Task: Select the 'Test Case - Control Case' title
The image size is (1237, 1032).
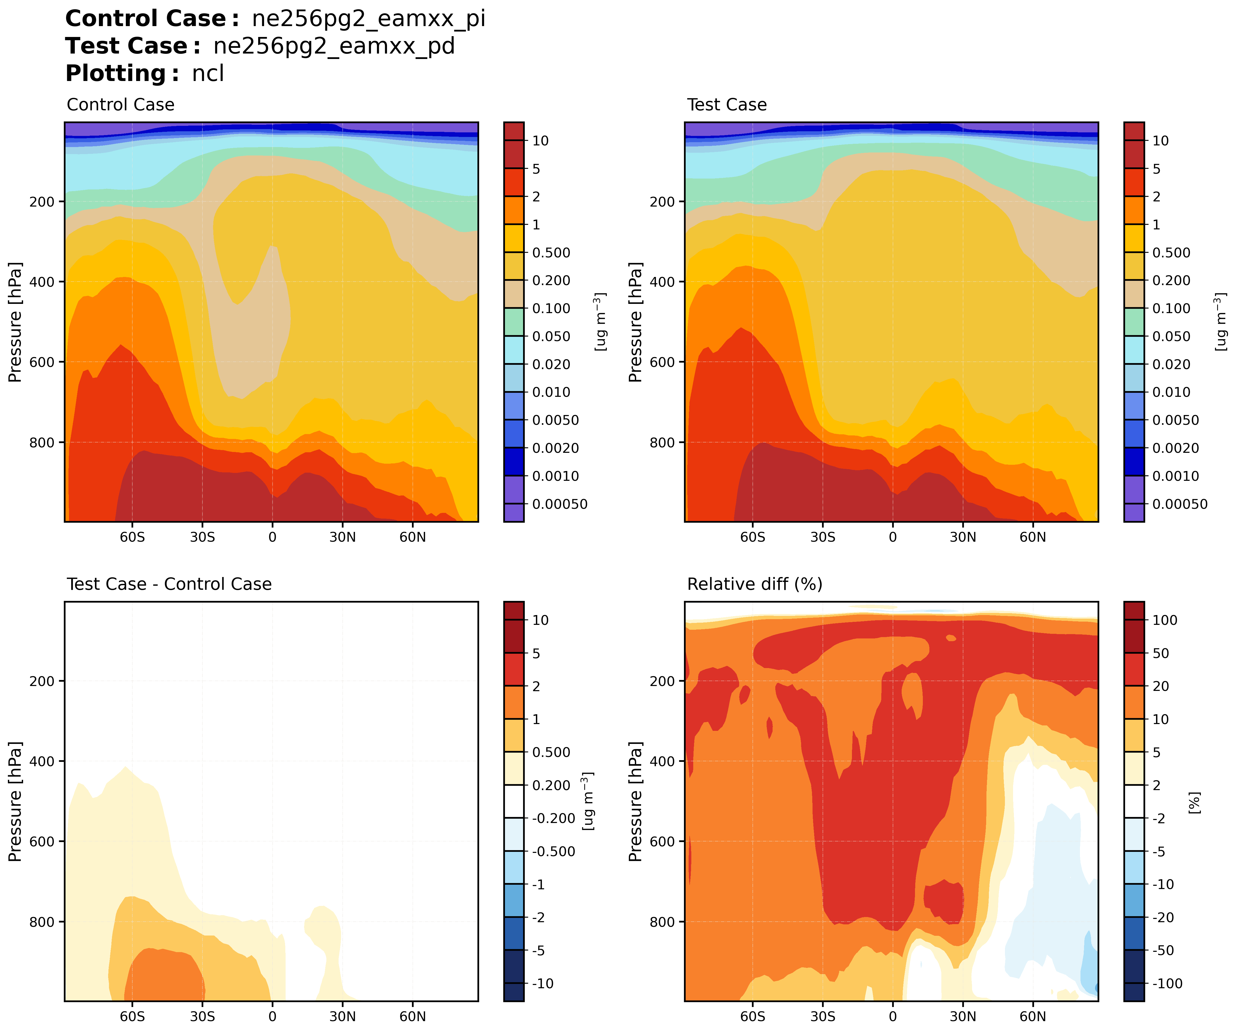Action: (169, 584)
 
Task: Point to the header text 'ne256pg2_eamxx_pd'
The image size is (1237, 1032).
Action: (334, 46)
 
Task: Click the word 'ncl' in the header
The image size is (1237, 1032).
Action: (208, 74)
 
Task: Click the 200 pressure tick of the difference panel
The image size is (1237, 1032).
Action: (42, 681)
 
